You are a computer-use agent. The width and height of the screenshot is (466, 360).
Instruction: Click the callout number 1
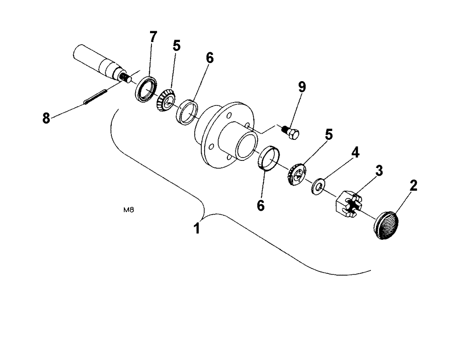(x=198, y=228)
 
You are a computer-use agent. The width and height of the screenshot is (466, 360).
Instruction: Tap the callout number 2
(x=413, y=186)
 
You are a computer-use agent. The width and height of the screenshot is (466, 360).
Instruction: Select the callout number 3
(x=379, y=171)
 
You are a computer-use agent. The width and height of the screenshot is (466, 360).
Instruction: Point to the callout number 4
(x=355, y=153)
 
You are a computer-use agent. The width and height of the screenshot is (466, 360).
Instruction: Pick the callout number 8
(x=46, y=118)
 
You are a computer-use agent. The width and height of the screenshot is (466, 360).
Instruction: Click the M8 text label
(x=129, y=210)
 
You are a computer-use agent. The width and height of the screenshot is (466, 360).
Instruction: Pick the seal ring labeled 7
(x=146, y=89)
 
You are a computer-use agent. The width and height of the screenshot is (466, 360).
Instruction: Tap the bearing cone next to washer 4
(x=296, y=174)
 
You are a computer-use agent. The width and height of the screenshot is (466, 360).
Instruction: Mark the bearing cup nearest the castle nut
(x=268, y=159)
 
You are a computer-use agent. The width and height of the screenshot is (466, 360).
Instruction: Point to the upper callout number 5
(x=176, y=45)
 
